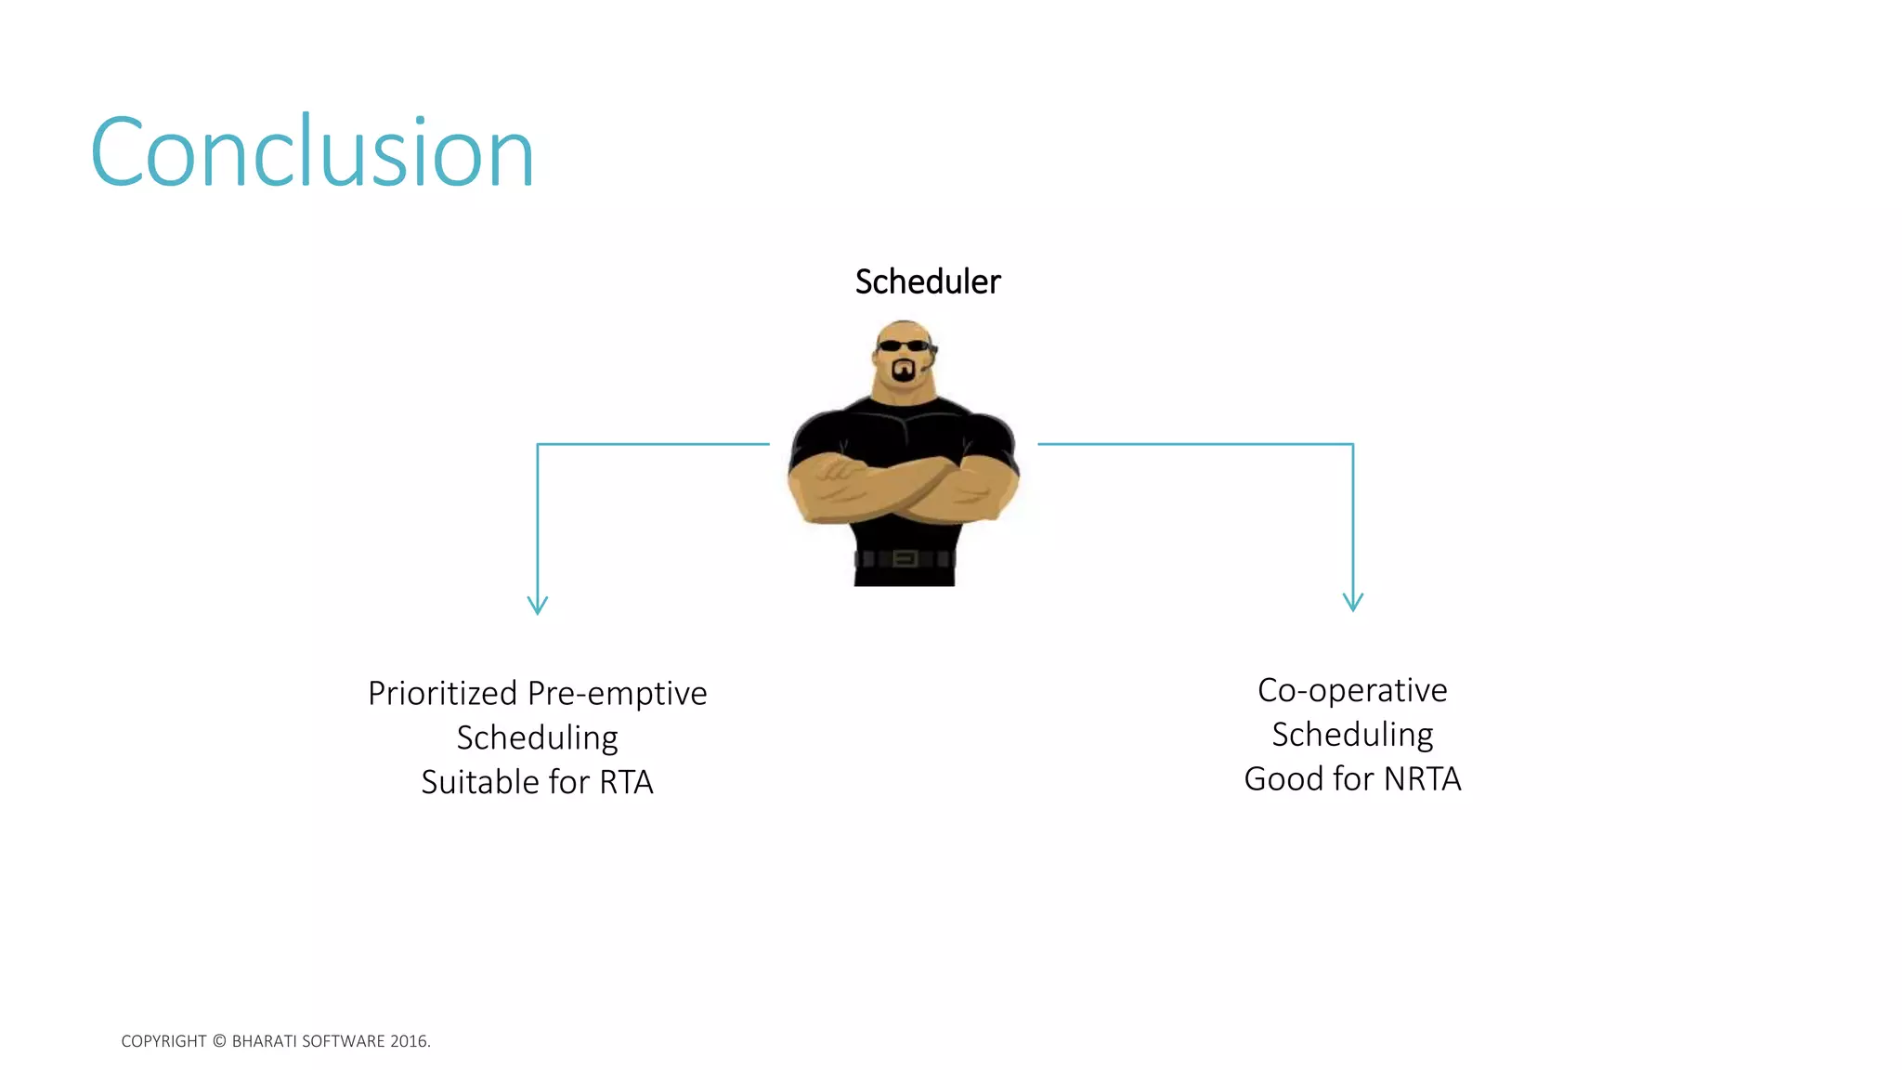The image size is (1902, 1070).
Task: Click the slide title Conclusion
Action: click(x=312, y=152)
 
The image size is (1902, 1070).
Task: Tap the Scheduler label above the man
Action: click(x=927, y=281)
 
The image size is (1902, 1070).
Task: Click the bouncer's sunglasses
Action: click(x=904, y=346)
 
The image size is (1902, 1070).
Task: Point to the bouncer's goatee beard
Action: click(x=903, y=372)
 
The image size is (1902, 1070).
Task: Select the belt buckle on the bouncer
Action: click(x=905, y=558)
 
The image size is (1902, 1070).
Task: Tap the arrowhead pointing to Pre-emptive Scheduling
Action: click(x=538, y=606)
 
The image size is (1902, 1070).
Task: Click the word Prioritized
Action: click(x=442, y=694)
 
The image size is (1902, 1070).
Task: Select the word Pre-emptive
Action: click(x=617, y=694)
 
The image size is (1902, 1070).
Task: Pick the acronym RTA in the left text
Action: click(x=626, y=782)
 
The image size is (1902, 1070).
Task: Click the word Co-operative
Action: click(x=1352, y=690)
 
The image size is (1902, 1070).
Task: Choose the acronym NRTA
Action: click(x=1422, y=778)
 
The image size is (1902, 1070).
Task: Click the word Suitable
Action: click(x=478, y=782)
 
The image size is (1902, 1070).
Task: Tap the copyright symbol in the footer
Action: click(x=219, y=1041)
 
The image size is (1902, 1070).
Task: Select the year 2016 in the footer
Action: click(x=409, y=1041)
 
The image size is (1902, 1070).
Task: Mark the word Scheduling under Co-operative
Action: click(x=1352, y=735)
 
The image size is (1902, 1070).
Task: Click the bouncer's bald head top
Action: click(x=904, y=327)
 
